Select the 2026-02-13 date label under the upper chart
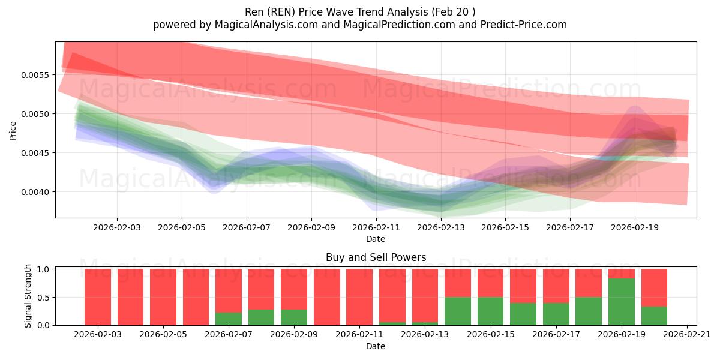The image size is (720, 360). pos(441,228)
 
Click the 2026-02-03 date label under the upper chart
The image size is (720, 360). pos(117,228)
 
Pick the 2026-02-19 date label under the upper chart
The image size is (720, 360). pos(635,228)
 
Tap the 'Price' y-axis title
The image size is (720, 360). pos(13,130)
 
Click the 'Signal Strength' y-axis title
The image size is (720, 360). pos(28,296)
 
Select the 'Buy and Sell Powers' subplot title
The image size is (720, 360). pos(376,257)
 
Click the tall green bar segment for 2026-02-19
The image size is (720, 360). pos(622,302)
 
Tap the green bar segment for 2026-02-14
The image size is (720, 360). pos(458,311)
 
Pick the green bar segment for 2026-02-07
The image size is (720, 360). pos(229,319)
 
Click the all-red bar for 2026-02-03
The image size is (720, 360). pos(98,297)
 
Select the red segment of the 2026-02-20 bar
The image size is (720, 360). pos(654,287)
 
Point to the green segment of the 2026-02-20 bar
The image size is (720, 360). pos(654,316)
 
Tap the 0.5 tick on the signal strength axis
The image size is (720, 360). pos(45,297)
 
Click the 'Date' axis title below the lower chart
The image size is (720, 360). pos(376,346)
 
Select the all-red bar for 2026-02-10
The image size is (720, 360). pos(327,297)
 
